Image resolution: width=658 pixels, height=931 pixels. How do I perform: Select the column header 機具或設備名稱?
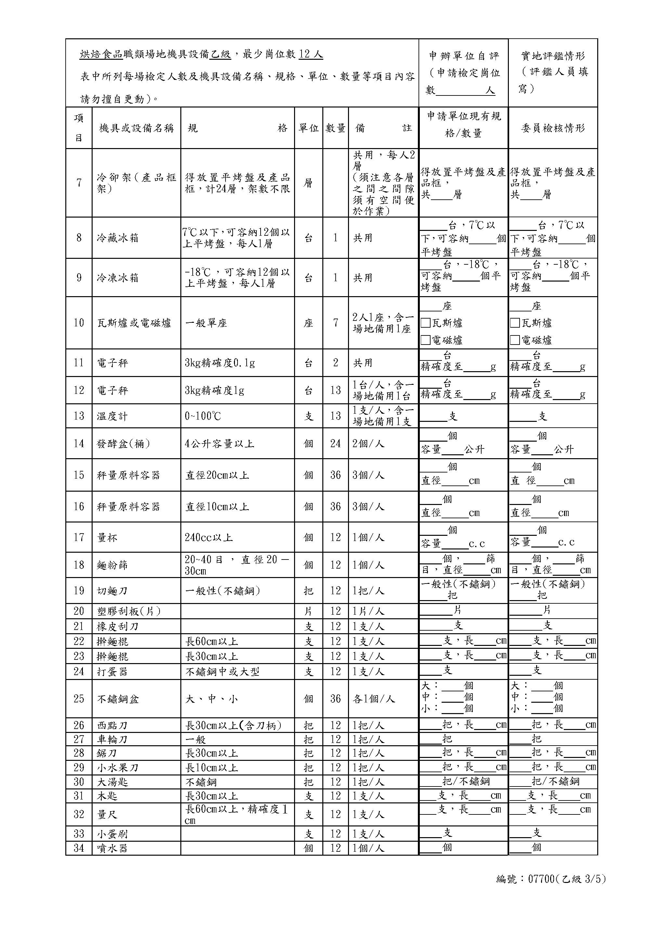136,128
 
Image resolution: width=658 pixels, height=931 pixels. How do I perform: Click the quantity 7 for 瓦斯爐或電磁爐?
335,323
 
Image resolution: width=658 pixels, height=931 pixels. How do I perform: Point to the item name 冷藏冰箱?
118,238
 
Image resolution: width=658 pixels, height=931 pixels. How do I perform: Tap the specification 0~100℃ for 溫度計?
203,416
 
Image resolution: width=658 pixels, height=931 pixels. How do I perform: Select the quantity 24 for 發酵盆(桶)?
335,443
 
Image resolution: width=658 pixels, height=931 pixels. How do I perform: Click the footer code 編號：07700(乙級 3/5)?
551,879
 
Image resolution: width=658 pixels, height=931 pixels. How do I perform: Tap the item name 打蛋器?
112,672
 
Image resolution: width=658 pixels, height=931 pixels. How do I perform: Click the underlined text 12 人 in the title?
311,54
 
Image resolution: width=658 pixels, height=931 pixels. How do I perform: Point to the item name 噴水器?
112,848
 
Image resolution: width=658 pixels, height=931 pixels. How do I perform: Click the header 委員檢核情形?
553,128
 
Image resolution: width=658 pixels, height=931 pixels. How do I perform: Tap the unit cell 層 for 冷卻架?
308,183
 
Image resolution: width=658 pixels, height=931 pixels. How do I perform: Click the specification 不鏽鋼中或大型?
222,672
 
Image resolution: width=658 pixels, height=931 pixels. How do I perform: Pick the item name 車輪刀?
112,739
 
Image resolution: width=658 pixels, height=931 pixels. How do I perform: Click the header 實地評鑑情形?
553,56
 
